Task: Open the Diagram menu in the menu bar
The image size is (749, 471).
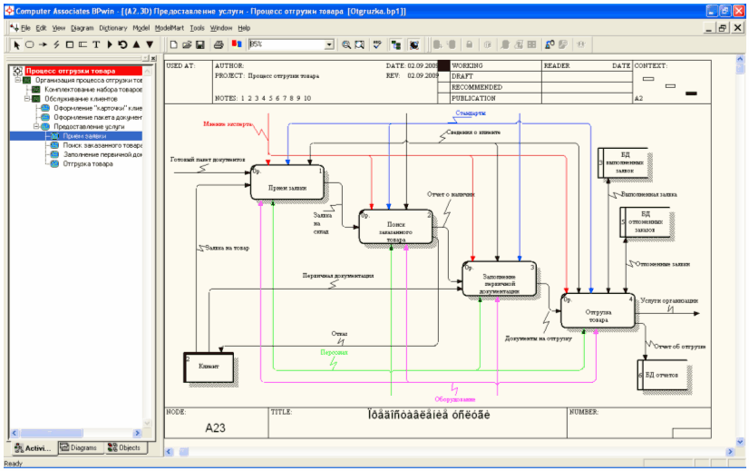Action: tap(82, 28)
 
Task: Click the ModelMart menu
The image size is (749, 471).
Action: tap(169, 28)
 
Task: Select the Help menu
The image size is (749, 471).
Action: tap(244, 28)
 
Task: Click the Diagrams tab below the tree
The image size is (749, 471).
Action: tap(79, 447)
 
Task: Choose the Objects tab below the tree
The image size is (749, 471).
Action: tap(124, 447)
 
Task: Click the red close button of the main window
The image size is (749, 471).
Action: tap(739, 11)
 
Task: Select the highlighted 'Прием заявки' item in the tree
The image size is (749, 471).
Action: tap(84, 135)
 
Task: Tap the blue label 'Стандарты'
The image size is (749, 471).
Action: tap(471, 113)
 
